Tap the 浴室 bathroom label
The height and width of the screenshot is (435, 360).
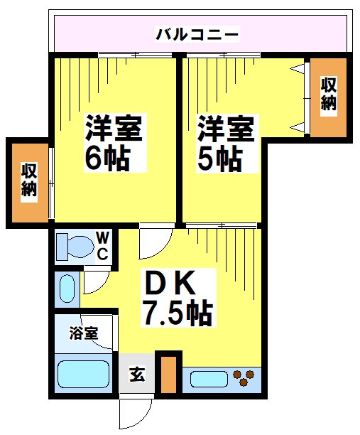pyautogui.click(x=83, y=332)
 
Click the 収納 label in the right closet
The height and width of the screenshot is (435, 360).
pyautogui.click(x=328, y=93)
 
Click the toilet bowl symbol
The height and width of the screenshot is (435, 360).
pyautogui.click(x=75, y=247)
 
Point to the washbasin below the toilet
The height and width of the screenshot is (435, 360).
pyautogui.click(x=67, y=290)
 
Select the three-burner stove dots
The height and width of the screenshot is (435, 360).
pyautogui.click(x=245, y=378)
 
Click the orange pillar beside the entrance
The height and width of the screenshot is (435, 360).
pyautogui.click(x=168, y=372)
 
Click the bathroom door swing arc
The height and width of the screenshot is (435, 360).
pyautogui.click(x=99, y=328)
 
